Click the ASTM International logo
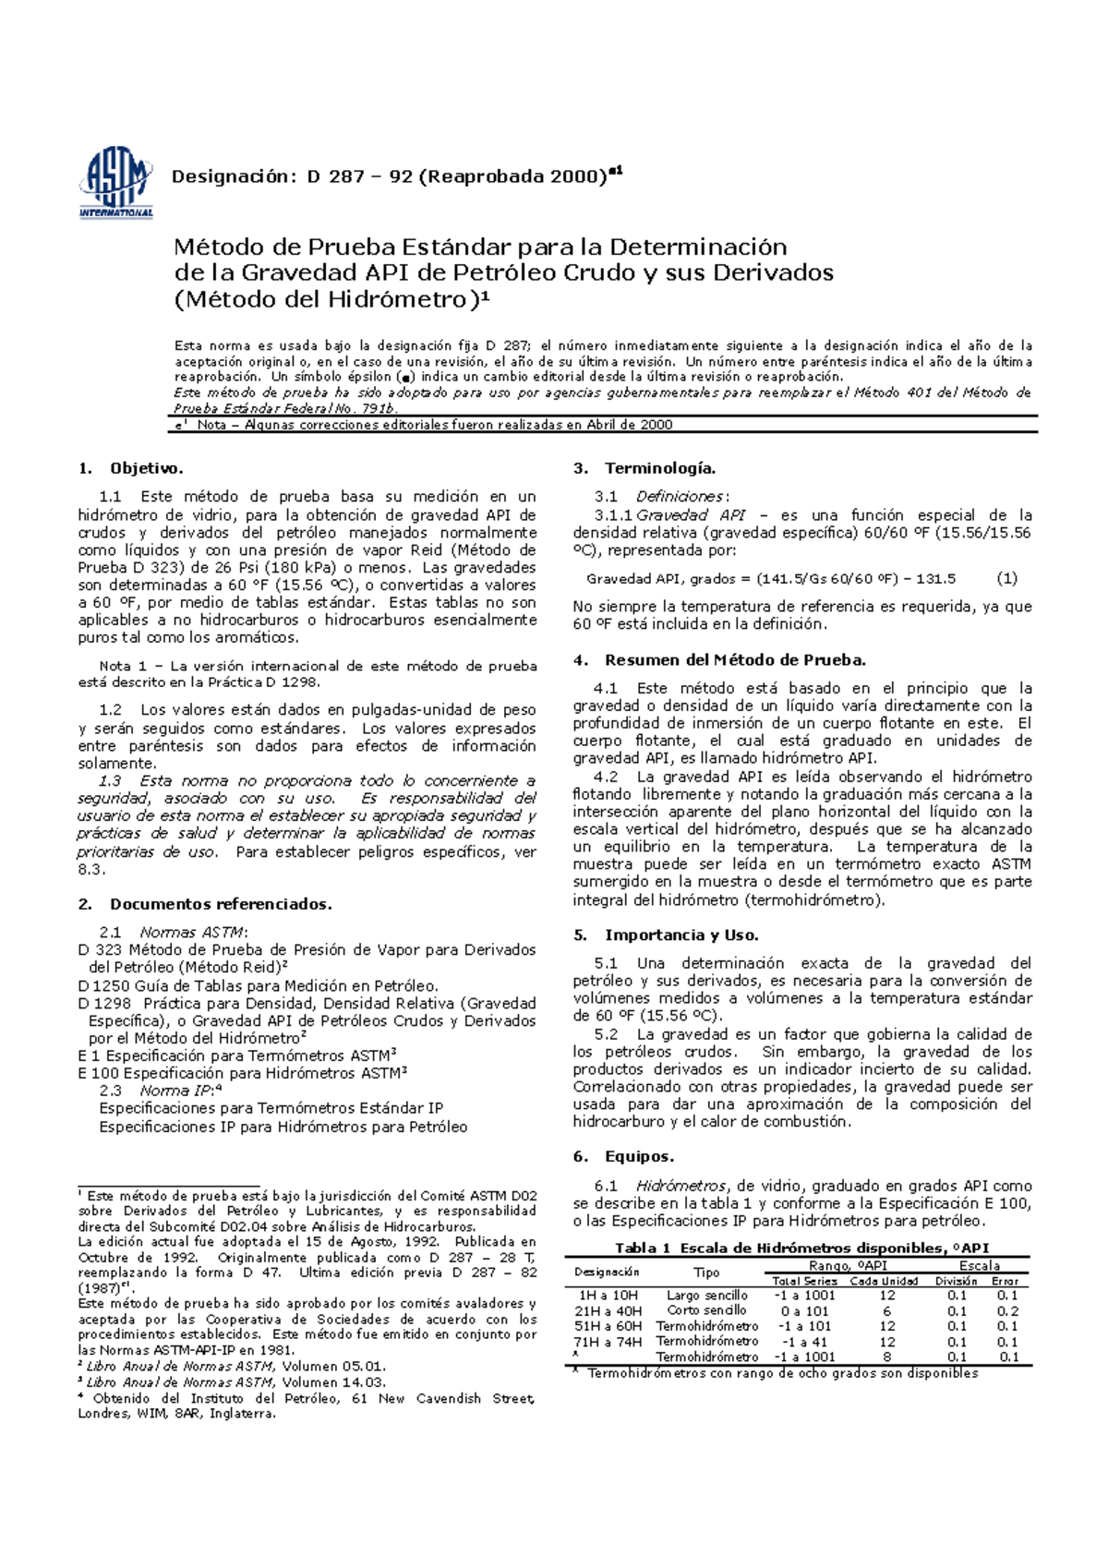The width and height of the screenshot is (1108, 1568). (116, 185)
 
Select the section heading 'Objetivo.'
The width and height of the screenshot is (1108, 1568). (147, 468)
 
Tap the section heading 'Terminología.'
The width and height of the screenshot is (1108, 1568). (660, 468)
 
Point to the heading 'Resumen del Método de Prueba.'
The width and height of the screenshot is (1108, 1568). (735, 660)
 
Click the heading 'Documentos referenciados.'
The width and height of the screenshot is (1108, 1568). (221, 904)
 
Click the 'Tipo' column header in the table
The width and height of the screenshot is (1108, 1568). (706, 1272)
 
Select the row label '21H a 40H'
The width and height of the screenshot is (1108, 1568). (608, 1310)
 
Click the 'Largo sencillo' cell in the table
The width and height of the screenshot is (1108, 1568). (706, 1296)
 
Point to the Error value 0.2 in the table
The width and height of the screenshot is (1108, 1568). (1007, 1311)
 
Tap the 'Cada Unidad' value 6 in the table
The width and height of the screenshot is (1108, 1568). (886, 1311)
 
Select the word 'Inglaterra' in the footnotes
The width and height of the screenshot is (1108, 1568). (242, 1414)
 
